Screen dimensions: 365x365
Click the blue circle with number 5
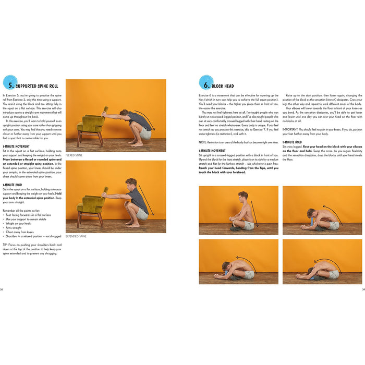(x=9, y=82)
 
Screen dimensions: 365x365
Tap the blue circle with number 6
(x=205, y=82)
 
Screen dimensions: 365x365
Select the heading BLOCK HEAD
(x=223, y=86)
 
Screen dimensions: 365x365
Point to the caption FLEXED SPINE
(x=75, y=155)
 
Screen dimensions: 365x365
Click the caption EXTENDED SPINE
(x=77, y=236)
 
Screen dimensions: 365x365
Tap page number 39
(x=363, y=289)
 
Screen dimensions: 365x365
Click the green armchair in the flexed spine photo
(x=90, y=125)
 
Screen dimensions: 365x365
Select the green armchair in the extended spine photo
(x=90, y=206)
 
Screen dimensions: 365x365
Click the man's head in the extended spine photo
(x=131, y=183)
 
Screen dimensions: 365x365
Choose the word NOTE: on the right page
(x=203, y=142)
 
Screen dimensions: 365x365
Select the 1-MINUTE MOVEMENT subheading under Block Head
(x=212, y=151)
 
